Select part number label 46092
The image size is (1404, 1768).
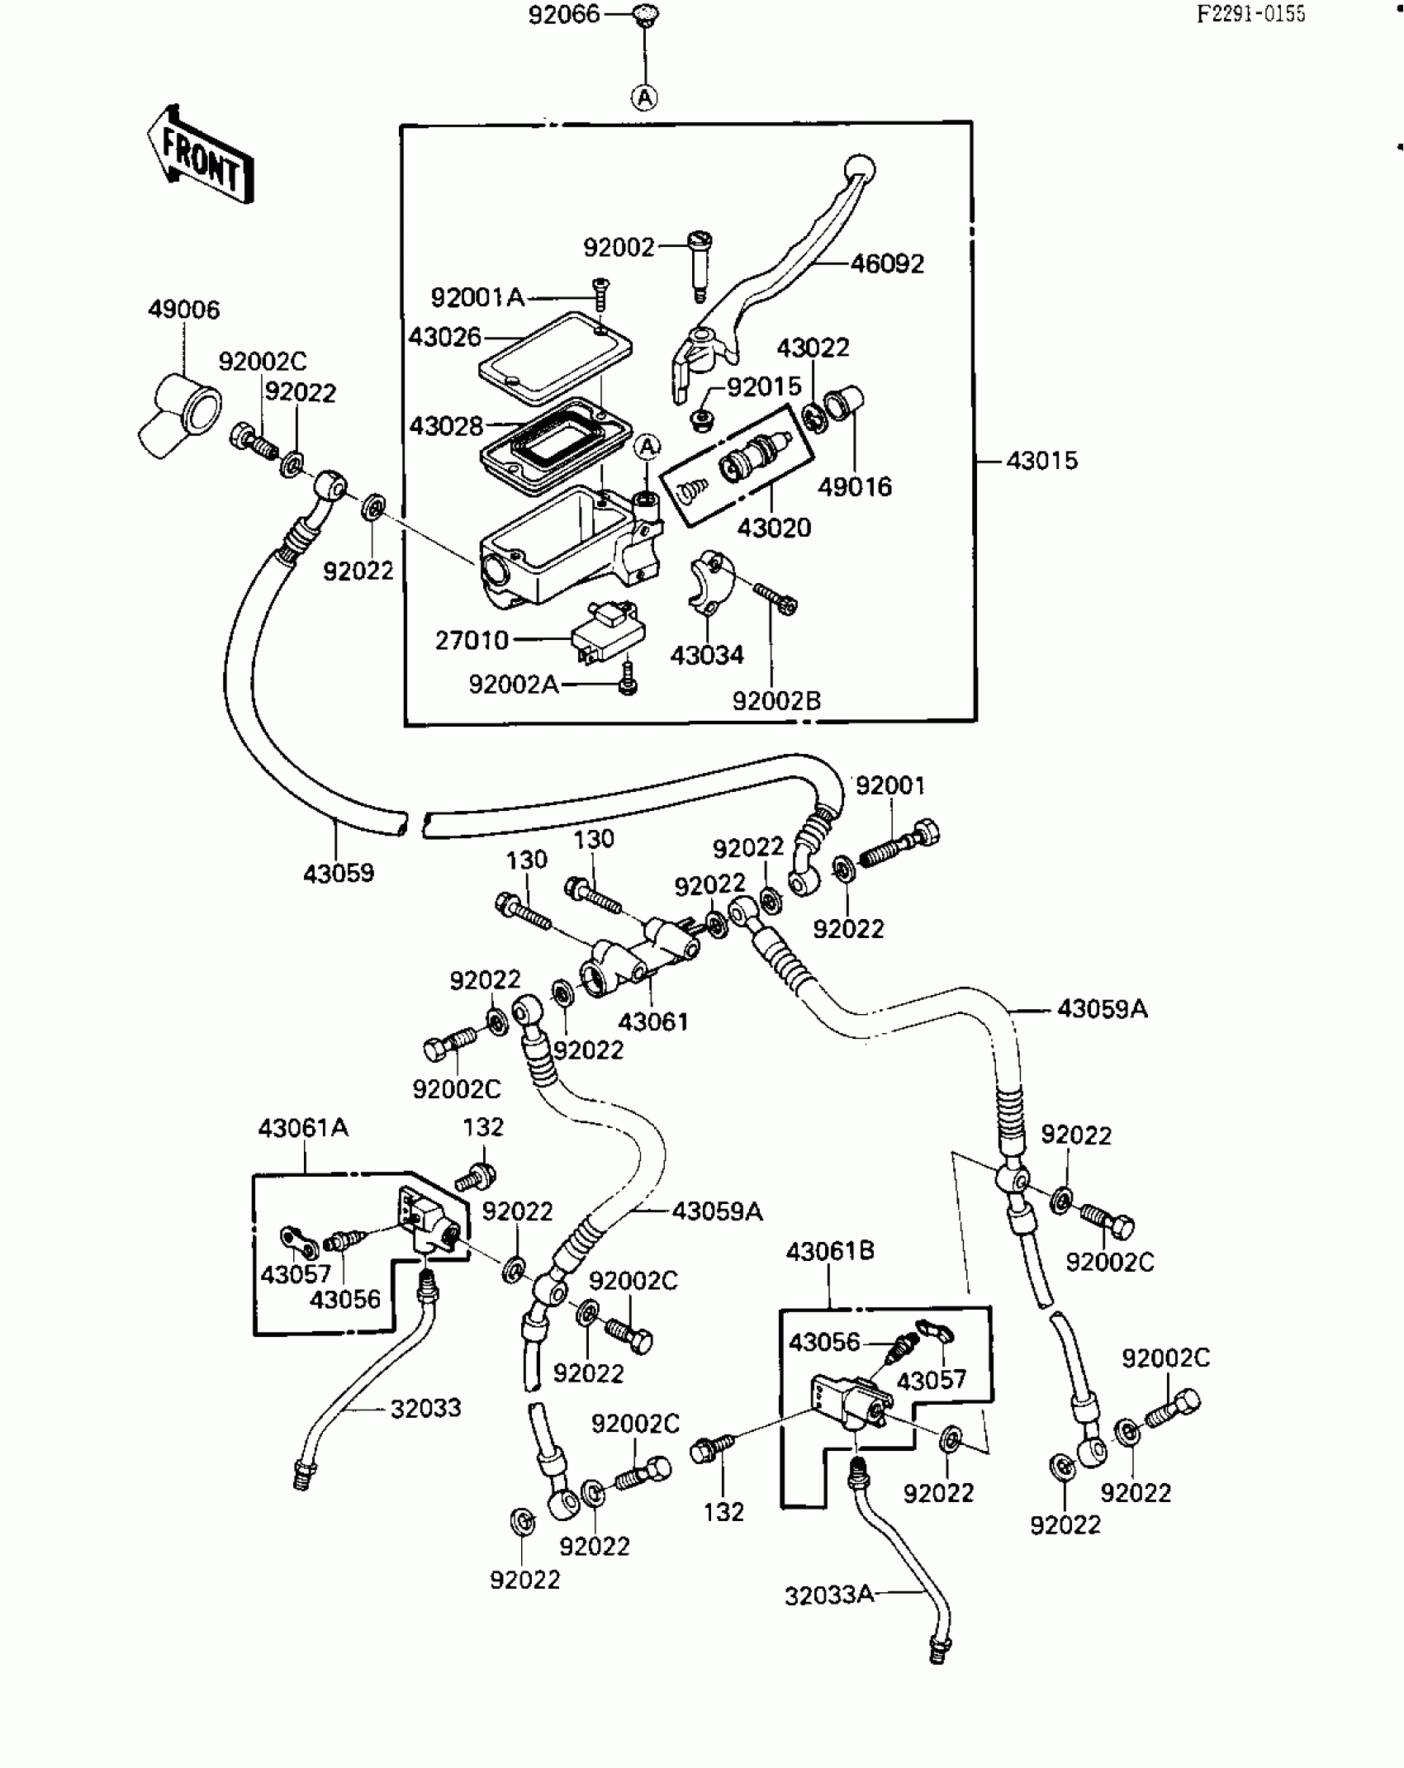point(887,263)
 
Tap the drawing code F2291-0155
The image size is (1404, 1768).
point(1251,14)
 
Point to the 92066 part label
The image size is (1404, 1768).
point(564,15)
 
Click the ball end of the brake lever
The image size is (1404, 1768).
point(860,168)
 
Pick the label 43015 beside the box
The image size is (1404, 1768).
point(1041,460)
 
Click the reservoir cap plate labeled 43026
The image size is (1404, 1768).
point(556,358)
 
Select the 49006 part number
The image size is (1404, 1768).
point(184,310)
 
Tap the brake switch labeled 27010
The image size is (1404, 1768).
point(607,633)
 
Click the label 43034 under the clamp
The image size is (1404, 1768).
point(707,655)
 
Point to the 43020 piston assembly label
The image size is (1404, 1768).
point(774,528)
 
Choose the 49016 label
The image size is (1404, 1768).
point(855,486)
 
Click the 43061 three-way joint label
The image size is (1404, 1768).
point(653,1021)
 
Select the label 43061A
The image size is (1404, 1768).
point(303,1127)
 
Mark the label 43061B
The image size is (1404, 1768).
point(830,1250)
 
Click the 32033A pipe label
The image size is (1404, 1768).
point(829,1595)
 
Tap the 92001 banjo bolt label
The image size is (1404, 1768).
point(890,784)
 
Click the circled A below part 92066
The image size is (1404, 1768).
point(644,97)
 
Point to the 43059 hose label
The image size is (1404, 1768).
point(339,873)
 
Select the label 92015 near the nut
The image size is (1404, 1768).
point(764,386)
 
